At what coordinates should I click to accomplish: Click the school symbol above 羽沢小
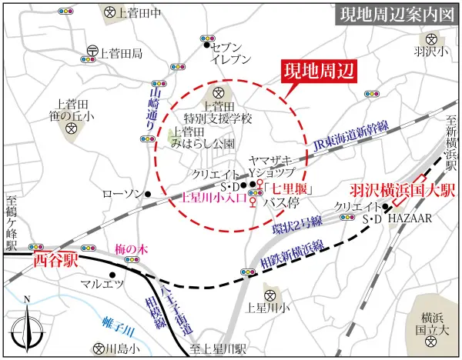pos(429,38)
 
